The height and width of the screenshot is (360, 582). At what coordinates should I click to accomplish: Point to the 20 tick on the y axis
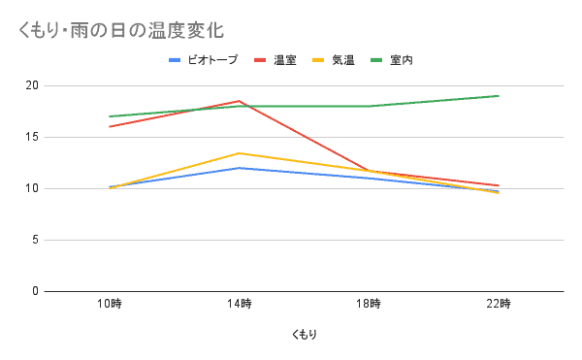pos(32,85)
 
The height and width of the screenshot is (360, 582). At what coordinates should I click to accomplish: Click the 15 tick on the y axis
pos(32,137)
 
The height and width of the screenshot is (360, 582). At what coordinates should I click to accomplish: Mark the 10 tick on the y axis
pos(32,188)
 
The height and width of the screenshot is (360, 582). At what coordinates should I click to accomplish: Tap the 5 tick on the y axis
pos(35,240)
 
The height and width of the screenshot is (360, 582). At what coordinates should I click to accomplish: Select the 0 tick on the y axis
pos(35,291)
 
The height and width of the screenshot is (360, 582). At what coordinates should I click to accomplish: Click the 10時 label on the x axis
pos(110,305)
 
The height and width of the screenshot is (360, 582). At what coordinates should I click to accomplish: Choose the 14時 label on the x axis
pos(240,305)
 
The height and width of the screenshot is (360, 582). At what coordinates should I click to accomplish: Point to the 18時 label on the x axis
pos(369,305)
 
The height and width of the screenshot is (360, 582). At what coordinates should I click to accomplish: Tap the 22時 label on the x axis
pos(499,305)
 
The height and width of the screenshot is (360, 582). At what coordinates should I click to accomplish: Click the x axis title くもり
pos(304,335)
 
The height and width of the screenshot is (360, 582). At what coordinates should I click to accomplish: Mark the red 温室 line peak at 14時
pos(240,101)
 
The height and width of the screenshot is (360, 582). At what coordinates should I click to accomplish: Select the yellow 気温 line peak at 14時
pos(240,153)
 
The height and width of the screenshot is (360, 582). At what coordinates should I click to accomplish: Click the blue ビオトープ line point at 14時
pos(240,168)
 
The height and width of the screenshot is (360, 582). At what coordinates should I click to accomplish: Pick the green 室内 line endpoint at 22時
pos(499,96)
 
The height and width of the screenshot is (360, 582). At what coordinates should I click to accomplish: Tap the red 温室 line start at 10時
pos(110,126)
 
